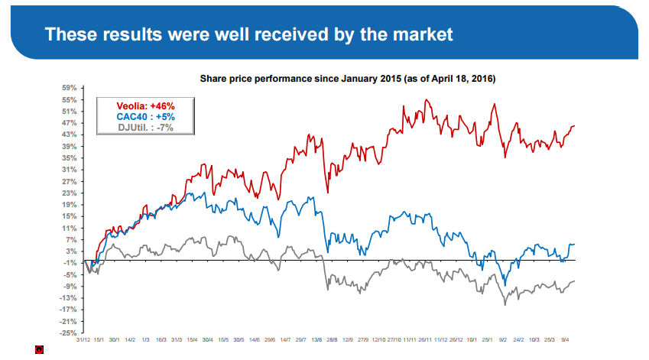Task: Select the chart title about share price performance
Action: [x=348, y=79]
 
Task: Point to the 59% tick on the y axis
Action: [x=68, y=88]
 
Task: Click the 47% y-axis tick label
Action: [x=68, y=123]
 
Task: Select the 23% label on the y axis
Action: [x=68, y=193]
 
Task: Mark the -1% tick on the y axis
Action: [x=68, y=263]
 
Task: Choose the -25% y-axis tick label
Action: [x=68, y=333]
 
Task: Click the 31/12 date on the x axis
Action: [x=83, y=339]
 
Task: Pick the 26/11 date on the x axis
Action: [x=425, y=339]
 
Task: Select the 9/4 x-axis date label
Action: [x=566, y=339]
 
